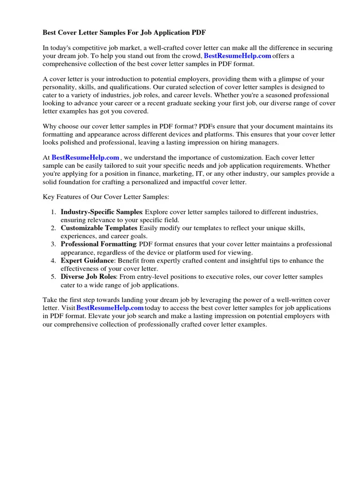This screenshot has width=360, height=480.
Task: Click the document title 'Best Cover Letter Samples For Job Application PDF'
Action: [124, 33]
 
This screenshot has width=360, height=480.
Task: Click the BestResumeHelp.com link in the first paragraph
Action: [238, 56]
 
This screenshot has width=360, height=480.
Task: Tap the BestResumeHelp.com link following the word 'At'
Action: [85, 157]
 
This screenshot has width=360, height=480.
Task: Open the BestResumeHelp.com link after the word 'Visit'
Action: [110, 308]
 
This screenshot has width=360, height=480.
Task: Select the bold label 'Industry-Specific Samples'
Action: [101, 212]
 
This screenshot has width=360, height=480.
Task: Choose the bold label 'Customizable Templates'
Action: [98, 228]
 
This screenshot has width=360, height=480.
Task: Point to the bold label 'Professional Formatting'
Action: [98, 244]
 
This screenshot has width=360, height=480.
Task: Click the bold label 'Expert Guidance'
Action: [87, 260]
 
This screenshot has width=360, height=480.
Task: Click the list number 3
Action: [53, 244]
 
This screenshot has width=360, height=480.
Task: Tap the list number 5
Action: [53, 277]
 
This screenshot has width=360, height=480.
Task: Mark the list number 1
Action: [53, 212]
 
